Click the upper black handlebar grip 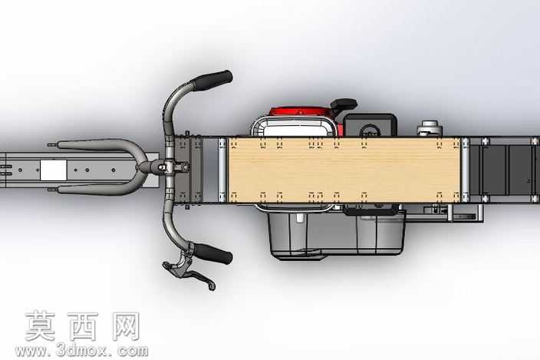tap(212, 81)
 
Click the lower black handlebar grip tap(212, 253)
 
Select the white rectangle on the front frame tap(54, 170)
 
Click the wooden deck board tap(344, 170)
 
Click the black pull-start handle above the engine tap(343, 104)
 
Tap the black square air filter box tap(370, 125)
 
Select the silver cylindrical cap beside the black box tap(430, 128)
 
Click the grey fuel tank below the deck tap(337, 233)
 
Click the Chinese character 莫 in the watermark tap(41, 326)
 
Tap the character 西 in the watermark tap(83, 326)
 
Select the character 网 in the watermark tap(126, 326)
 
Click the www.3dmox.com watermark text tap(81, 351)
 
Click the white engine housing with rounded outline tap(295, 127)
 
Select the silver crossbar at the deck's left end tap(222, 170)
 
